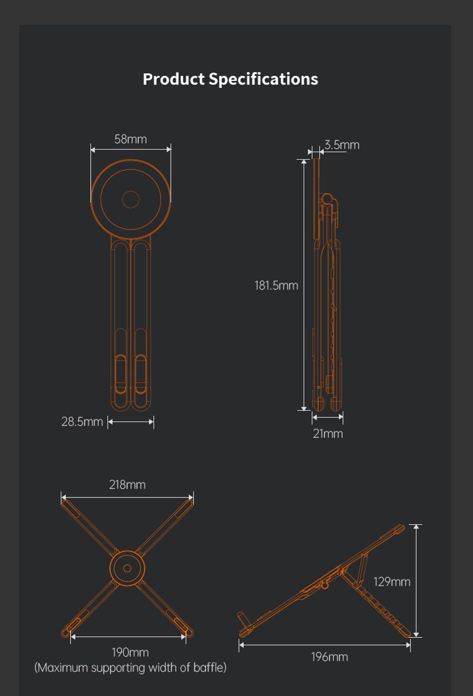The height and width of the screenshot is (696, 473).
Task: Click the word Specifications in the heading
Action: click(263, 79)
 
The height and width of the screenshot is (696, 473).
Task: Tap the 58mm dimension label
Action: click(131, 139)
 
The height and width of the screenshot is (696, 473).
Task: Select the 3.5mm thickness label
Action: click(342, 145)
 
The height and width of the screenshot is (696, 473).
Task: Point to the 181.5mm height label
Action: click(276, 285)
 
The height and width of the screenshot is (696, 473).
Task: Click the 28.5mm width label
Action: click(82, 422)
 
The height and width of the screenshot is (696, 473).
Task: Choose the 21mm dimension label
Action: click(328, 434)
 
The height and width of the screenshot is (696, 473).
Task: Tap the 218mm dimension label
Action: click(127, 485)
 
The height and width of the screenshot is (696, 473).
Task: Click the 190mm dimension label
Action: click(130, 652)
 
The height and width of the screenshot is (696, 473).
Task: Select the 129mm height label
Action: click(392, 581)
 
